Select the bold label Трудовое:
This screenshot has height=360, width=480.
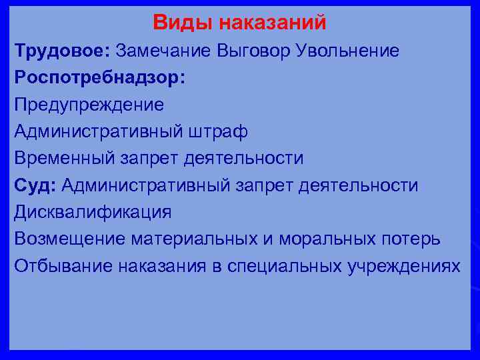point(62,51)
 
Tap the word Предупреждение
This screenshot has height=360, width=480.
point(89,105)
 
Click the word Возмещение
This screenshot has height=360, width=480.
point(70,239)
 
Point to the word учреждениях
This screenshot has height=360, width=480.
point(404,265)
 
